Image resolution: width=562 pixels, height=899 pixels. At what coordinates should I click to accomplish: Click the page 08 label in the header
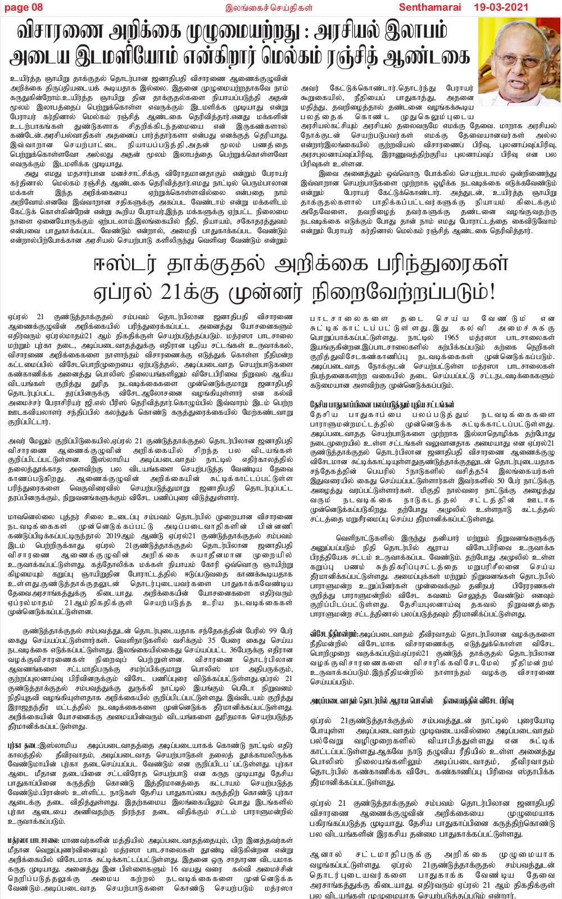[23, 7]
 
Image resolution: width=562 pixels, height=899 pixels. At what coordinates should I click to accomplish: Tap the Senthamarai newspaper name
[430, 7]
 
